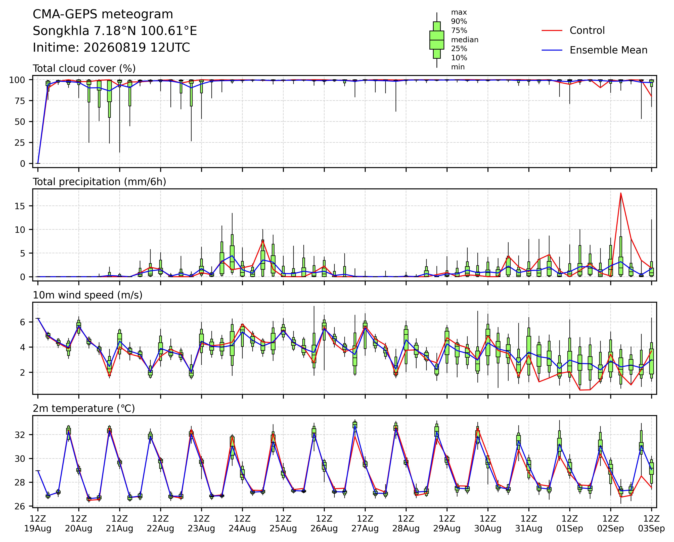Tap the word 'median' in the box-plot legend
tap(465, 40)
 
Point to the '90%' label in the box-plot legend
tap(459, 22)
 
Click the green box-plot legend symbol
tap(437, 40)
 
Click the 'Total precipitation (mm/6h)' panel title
tap(99, 182)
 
